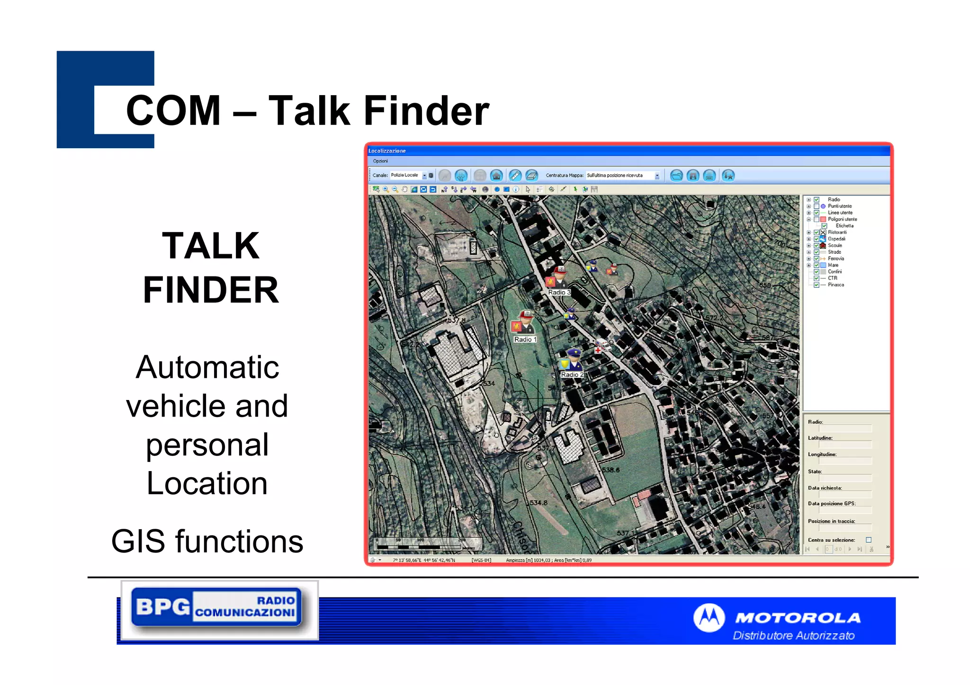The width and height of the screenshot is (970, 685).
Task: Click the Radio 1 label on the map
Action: [525, 339]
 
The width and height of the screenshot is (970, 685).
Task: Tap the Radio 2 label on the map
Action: [572, 374]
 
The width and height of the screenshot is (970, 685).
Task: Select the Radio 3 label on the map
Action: [559, 293]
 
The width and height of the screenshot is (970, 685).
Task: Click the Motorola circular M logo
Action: [709, 618]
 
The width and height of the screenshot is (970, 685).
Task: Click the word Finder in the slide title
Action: [426, 111]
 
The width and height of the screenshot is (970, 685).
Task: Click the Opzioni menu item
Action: [380, 161]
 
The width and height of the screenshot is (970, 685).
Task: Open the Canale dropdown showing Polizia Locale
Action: [424, 176]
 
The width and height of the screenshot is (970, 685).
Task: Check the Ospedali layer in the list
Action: [817, 239]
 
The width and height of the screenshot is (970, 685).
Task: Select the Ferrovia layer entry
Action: [835, 258]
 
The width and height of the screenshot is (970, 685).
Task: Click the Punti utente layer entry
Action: [839, 206]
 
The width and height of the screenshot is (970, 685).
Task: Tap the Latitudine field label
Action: [820, 438]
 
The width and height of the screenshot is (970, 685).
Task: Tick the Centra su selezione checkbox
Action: [868, 540]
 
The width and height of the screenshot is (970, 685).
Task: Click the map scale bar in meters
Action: [426, 545]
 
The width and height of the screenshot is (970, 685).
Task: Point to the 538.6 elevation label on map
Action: [611, 470]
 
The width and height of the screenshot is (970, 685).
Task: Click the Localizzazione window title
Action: [387, 151]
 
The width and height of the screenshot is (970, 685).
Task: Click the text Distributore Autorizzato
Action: [793, 636]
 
